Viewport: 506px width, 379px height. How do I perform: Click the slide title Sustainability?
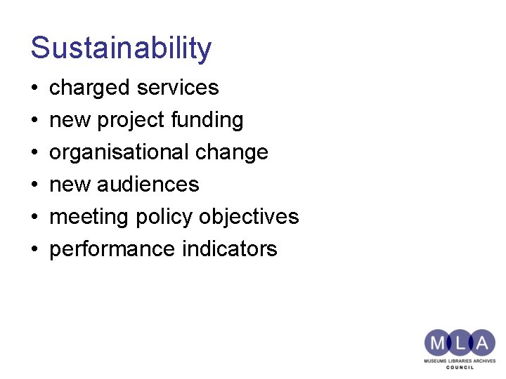pos(121,48)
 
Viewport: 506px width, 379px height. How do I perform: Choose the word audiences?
pos(148,185)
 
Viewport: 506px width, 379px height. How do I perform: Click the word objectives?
pos(249,217)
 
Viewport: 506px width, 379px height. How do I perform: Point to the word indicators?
pos(234,249)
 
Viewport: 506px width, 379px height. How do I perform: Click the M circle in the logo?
pos(436,343)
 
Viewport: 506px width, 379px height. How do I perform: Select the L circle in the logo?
pos(459,343)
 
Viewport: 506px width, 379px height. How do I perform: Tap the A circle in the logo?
pos(482,343)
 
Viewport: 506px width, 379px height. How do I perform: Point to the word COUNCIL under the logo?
pos(460,367)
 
